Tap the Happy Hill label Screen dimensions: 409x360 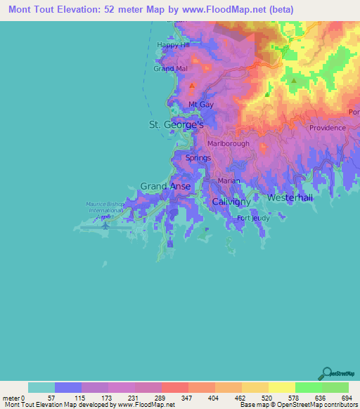[173, 45]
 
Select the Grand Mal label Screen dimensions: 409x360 [170, 69]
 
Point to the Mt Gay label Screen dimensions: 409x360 [200, 105]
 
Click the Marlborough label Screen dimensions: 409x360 [228, 143]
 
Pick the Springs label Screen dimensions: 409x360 [198, 158]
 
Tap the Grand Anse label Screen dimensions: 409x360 [163, 186]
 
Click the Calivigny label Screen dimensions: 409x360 [231, 202]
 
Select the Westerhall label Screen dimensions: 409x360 [290, 198]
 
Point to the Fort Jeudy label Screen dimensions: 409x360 [252, 218]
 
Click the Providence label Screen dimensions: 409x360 [327, 128]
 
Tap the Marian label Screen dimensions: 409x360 [229, 181]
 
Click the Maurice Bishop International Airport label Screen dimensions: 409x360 [105, 210]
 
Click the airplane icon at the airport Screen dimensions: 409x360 [105, 226]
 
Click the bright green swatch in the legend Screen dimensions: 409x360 [308, 387]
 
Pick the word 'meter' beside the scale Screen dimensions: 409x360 [11, 398]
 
